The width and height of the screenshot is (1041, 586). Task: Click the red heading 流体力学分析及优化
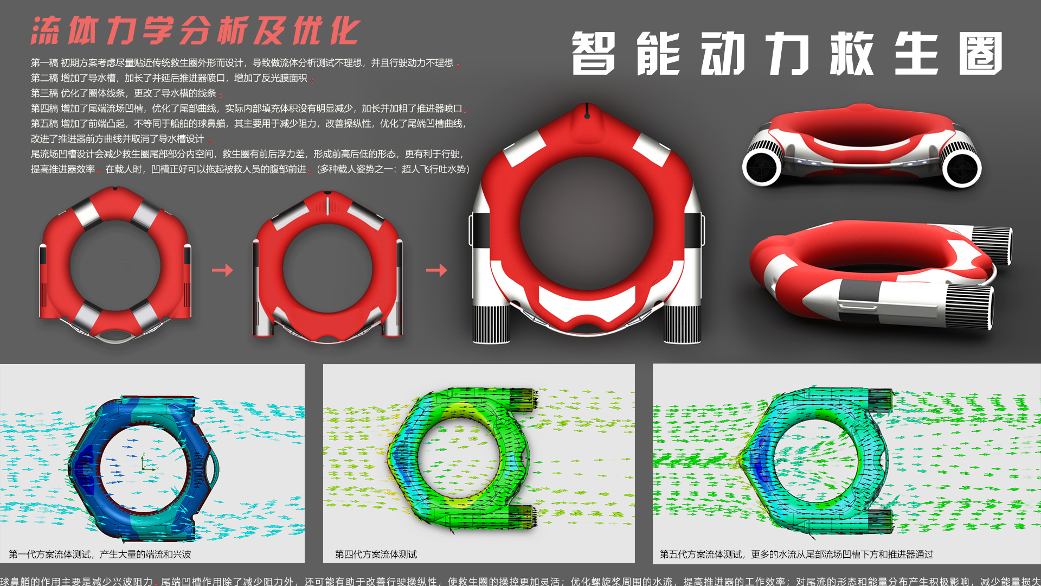(195, 30)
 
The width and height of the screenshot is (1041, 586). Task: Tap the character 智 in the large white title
(593, 53)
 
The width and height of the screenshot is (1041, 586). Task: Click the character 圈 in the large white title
(980, 53)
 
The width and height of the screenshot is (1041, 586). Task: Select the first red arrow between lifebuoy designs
(222, 270)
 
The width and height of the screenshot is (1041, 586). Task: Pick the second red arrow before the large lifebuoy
(436, 270)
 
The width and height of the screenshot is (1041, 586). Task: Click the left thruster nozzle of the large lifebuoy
(491, 324)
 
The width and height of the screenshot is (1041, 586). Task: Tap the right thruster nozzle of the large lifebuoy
(682, 324)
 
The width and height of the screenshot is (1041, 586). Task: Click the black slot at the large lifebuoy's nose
(587, 115)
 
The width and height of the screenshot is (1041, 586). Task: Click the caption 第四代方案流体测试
(376, 554)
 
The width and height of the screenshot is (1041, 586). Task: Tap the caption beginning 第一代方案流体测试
(100, 554)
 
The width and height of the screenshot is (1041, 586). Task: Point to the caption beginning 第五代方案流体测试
(796, 554)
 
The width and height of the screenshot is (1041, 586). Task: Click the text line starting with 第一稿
(242, 63)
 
